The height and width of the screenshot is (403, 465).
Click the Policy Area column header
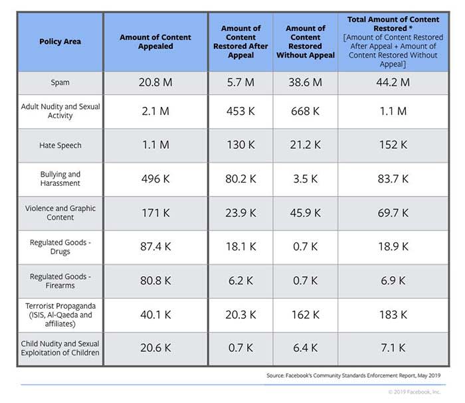point(60,42)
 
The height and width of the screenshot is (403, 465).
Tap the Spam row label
point(60,83)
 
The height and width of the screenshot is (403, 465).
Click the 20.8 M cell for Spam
point(155,83)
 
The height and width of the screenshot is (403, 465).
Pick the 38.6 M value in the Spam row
point(306,83)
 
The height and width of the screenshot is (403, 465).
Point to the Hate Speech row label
point(60,145)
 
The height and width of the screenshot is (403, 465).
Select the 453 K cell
point(240,112)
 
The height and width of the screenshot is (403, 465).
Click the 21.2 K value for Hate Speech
point(306,145)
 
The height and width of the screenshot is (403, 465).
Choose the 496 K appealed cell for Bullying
point(155,179)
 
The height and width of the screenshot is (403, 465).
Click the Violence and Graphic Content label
point(60,212)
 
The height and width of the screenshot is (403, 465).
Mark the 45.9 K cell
point(306,212)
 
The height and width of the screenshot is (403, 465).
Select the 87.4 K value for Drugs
point(155,247)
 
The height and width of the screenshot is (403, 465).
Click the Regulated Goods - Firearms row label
point(60,281)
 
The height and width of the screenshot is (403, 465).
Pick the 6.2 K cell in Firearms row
point(240,281)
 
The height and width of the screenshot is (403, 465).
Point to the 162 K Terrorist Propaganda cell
point(306,315)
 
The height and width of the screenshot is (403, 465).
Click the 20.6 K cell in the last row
point(155,348)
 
